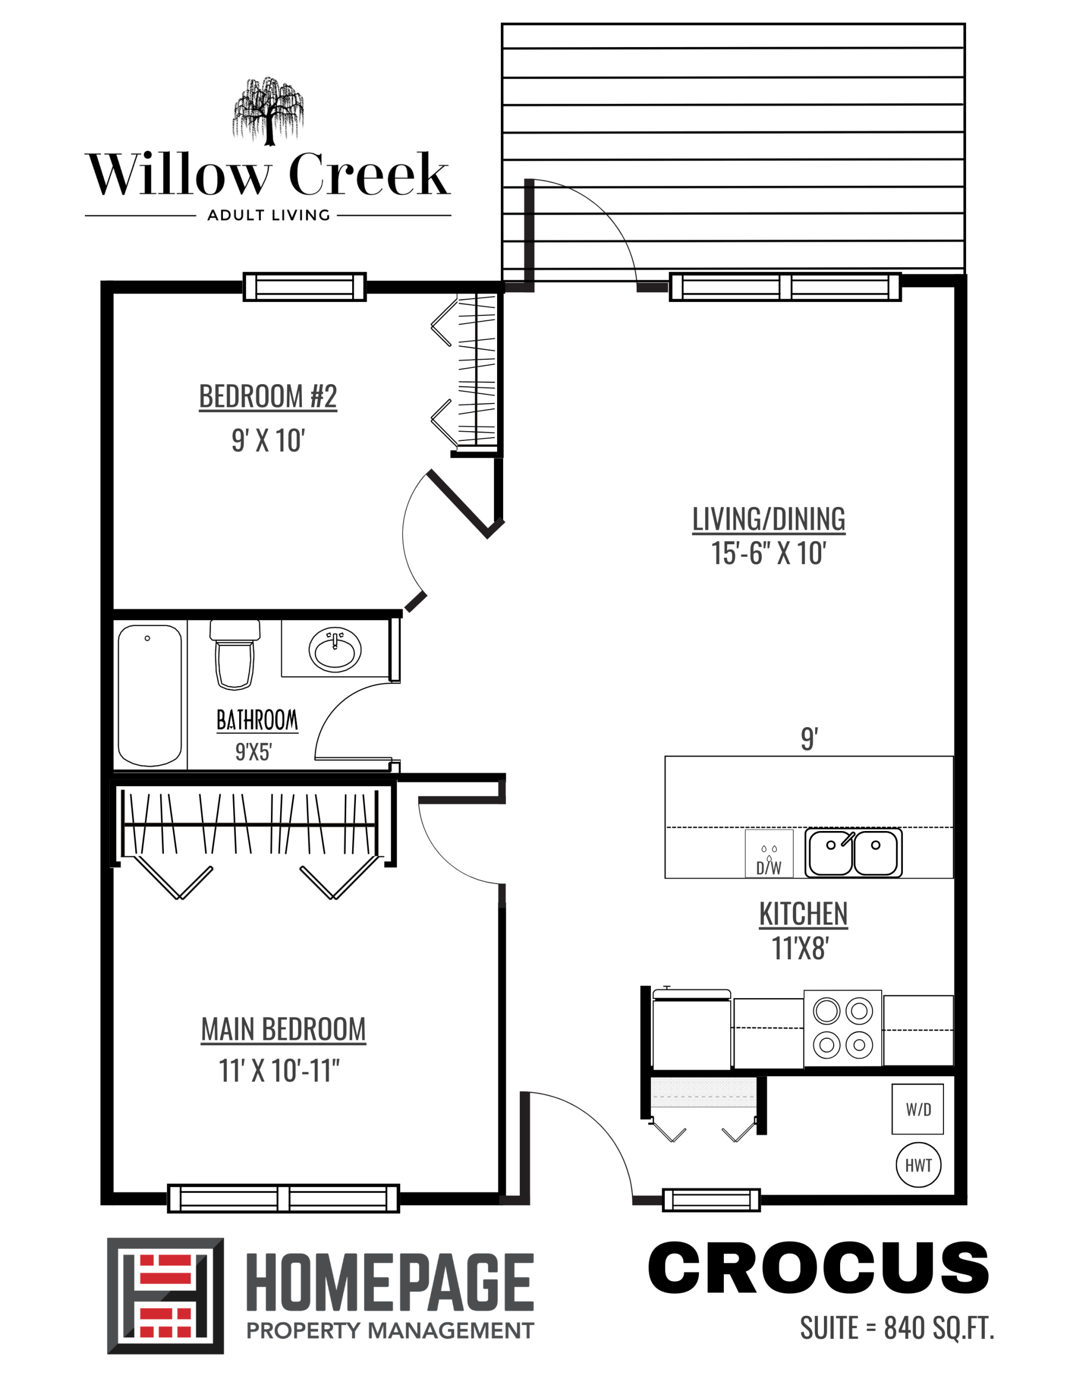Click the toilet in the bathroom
pyautogui.click(x=234, y=655)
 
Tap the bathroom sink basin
pyautogui.click(x=335, y=649)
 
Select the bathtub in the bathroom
pyautogui.click(x=150, y=696)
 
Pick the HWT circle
pyautogui.click(x=918, y=1165)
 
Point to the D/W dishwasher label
pyautogui.click(x=768, y=867)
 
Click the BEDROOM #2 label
pyautogui.click(x=268, y=397)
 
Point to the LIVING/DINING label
pyautogui.click(x=768, y=519)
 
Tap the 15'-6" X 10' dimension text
pyautogui.click(x=768, y=553)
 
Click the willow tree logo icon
pyautogui.click(x=268, y=110)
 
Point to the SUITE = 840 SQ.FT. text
pyautogui.click(x=897, y=1328)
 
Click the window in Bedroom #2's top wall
pyautogui.click(x=305, y=287)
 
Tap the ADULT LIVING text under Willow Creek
pyautogui.click(x=268, y=216)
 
